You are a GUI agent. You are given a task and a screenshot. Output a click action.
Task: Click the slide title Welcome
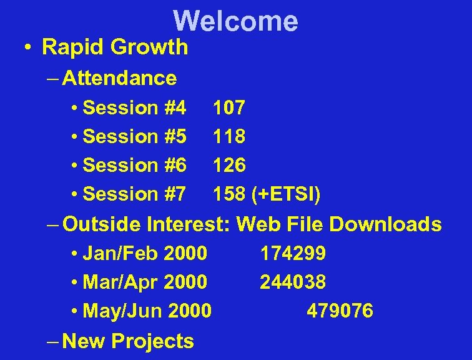[236, 21]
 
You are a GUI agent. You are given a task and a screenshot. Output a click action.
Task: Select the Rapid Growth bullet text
[114, 47]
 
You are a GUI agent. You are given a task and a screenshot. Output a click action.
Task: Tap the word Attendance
[119, 78]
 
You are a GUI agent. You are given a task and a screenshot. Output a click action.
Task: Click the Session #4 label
[134, 108]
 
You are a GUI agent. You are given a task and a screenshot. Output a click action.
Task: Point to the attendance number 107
[229, 108]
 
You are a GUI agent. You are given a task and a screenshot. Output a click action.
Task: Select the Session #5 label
[134, 136]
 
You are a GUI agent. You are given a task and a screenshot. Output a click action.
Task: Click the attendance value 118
[229, 136]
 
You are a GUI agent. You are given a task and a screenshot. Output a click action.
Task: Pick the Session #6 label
[134, 166]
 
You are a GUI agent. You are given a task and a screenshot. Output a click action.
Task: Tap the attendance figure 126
[229, 166]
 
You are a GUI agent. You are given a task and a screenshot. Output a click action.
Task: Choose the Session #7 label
[134, 194]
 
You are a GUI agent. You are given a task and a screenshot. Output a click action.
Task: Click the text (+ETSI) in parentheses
[286, 194]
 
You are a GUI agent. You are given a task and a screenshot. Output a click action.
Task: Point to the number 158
[229, 194]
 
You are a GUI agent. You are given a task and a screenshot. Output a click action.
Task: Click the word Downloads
[385, 224]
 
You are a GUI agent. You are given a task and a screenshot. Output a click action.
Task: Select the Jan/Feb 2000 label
[144, 253]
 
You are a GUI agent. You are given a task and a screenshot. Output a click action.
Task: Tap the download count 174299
[293, 253]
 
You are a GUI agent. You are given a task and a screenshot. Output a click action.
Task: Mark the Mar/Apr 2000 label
[144, 282]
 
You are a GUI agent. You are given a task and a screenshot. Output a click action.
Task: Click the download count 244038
[293, 282]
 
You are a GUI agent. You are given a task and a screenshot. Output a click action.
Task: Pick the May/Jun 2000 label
[147, 311]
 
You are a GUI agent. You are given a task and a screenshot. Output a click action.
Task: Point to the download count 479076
[340, 311]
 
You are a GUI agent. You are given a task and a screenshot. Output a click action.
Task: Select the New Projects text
[129, 341]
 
